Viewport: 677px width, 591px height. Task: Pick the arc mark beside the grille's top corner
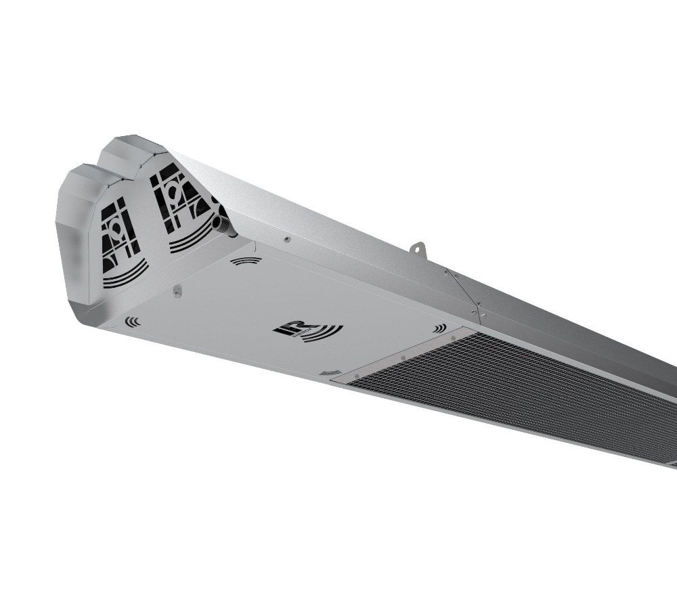(441, 328)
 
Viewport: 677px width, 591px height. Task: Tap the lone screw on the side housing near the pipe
(287, 238)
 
